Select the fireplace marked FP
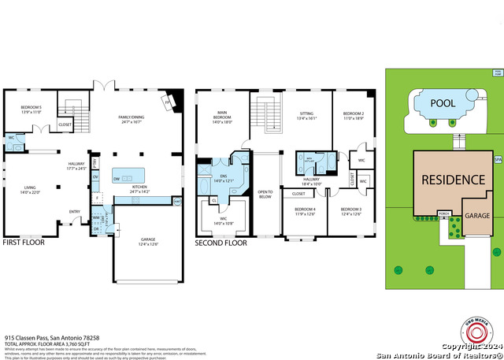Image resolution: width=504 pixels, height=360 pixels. (x=166, y=101)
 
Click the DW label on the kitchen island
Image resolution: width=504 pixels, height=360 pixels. (x=117, y=179)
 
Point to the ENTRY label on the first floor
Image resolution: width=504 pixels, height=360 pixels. (x=74, y=211)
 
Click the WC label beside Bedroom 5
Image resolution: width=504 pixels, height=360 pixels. (x=11, y=139)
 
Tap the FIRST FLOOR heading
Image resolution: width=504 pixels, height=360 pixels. (x=23, y=243)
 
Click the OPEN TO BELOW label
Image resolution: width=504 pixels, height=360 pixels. (x=265, y=194)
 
